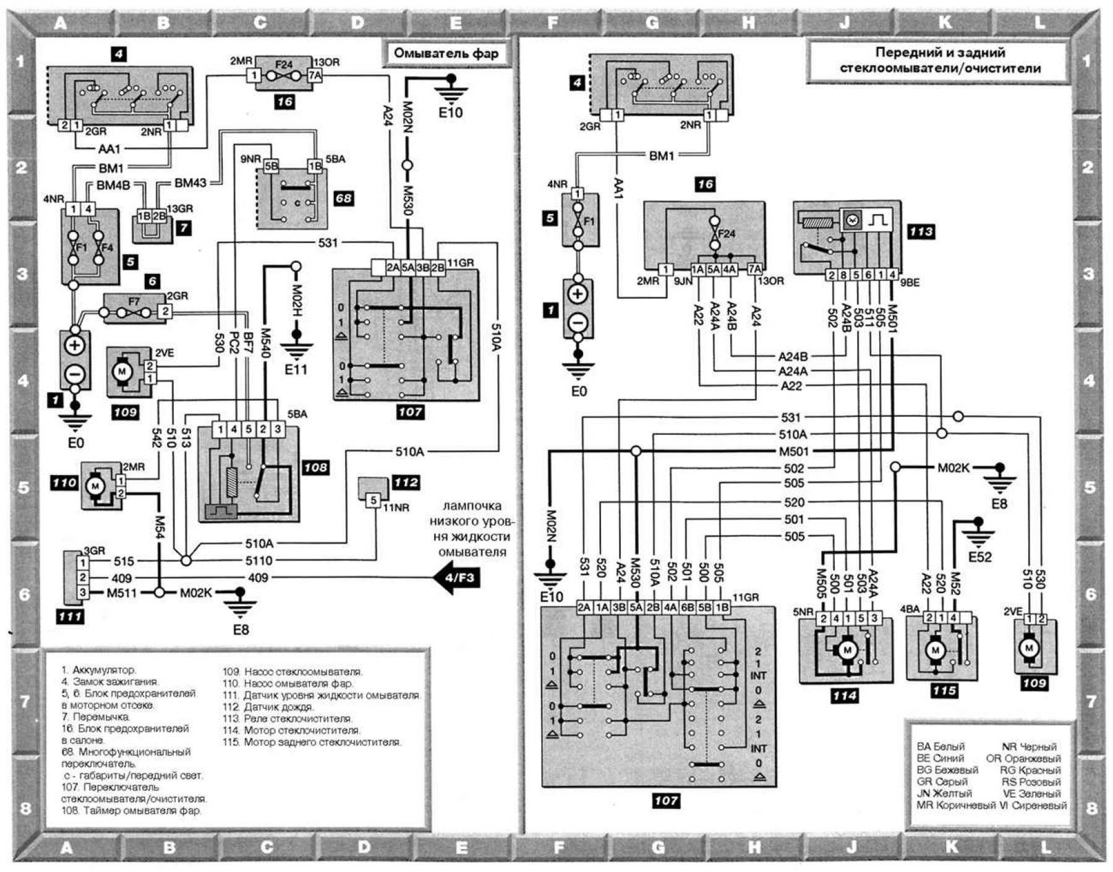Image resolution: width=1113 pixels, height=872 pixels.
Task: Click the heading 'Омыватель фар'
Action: (446, 53)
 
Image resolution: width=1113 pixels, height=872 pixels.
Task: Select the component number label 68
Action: (344, 199)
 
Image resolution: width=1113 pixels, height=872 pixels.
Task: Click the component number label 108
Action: (315, 468)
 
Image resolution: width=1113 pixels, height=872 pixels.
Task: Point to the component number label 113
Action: (920, 232)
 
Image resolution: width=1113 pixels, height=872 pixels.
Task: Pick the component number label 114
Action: (844, 695)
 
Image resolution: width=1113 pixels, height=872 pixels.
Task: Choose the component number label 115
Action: (944, 691)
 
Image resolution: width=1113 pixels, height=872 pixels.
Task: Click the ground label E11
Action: (296, 370)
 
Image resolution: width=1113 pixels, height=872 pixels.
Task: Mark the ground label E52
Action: (979, 557)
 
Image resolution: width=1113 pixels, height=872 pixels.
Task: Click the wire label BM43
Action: (190, 184)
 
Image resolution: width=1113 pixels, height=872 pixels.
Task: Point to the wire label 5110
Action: (259, 561)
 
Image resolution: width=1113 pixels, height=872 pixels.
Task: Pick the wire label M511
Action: (121, 593)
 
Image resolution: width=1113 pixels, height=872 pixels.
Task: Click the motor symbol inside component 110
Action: (95, 486)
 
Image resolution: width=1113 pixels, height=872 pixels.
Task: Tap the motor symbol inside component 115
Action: (935, 651)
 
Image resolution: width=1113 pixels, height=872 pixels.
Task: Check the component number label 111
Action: (70, 617)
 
